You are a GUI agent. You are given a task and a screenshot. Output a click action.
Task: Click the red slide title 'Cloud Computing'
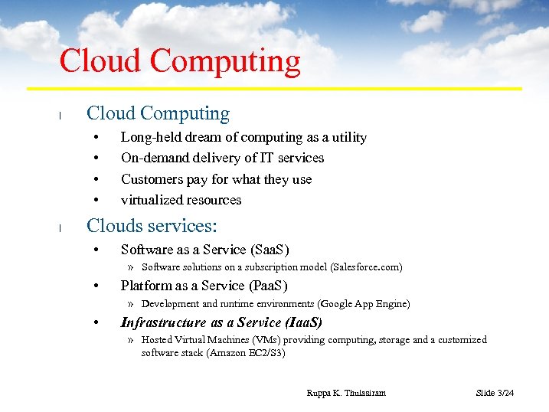(180, 61)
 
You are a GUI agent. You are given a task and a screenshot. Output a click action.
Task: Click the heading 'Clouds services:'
(152, 226)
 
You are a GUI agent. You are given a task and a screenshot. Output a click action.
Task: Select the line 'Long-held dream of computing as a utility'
(243, 137)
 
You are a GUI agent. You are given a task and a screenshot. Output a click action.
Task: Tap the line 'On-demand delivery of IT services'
(222, 158)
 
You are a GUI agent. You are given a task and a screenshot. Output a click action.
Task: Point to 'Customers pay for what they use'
(216, 179)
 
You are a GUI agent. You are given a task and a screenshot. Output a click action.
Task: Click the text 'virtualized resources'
(181, 200)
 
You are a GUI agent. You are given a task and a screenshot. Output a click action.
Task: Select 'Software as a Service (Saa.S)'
(204, 250)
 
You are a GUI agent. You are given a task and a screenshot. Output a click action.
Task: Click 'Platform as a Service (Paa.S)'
(204, 286)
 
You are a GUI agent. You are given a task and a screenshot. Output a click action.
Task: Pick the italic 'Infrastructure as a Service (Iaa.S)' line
(221, 322)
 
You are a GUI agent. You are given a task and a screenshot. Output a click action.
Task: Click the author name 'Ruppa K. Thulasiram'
(346, 393)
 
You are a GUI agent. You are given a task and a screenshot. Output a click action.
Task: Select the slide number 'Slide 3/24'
(495, 393)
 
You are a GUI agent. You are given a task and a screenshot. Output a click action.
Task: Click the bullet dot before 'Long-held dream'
(96, 138)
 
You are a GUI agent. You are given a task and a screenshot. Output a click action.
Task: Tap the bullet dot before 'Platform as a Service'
(96, 286)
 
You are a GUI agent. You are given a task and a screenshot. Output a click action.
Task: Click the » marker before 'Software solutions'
(131, 267)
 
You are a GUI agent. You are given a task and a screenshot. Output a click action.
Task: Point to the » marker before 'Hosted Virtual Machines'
(131, 340)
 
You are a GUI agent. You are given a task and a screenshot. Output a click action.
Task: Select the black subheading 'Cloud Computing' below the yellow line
(158, 113)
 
